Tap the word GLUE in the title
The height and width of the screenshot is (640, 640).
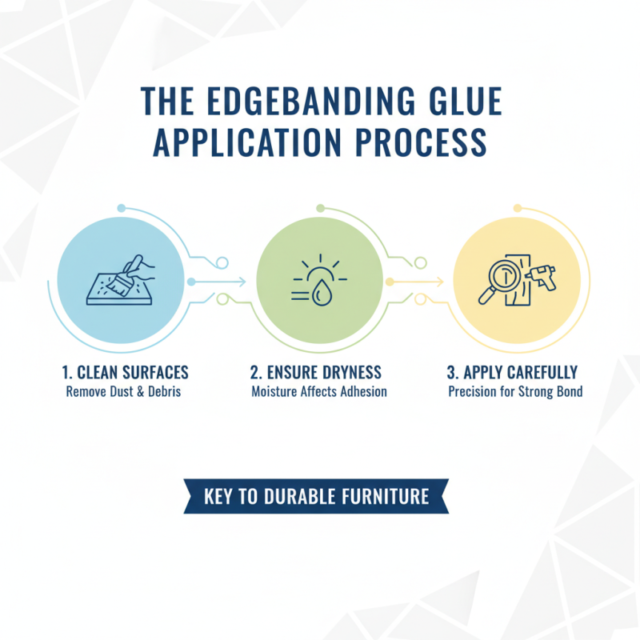tap(462, 104)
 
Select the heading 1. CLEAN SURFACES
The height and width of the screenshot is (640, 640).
tap(125, 373)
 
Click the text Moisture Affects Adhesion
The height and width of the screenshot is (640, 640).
tap(319, 392)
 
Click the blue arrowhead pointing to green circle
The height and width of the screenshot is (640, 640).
tap(242, 282)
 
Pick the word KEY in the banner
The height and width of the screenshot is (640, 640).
tap(220, 496)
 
